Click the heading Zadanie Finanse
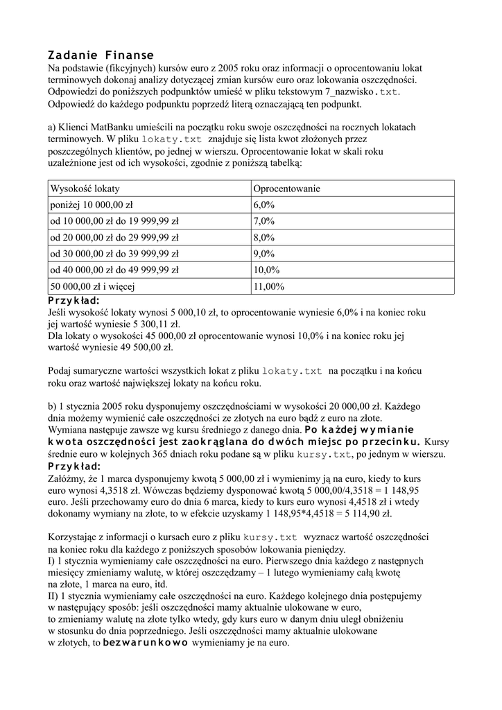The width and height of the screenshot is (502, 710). point(101,55)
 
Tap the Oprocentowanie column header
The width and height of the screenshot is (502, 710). point(286,189)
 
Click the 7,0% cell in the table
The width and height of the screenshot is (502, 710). point(264,221)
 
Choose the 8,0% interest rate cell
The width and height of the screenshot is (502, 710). point(264,237)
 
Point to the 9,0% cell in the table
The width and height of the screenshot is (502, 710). point(264,253)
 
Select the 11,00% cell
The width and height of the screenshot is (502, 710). point(267,286)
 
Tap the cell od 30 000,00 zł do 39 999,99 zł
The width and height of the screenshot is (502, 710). point(114,253)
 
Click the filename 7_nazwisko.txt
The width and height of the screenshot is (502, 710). point(363,92)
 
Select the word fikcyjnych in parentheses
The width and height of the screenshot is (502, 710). point(129,68)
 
